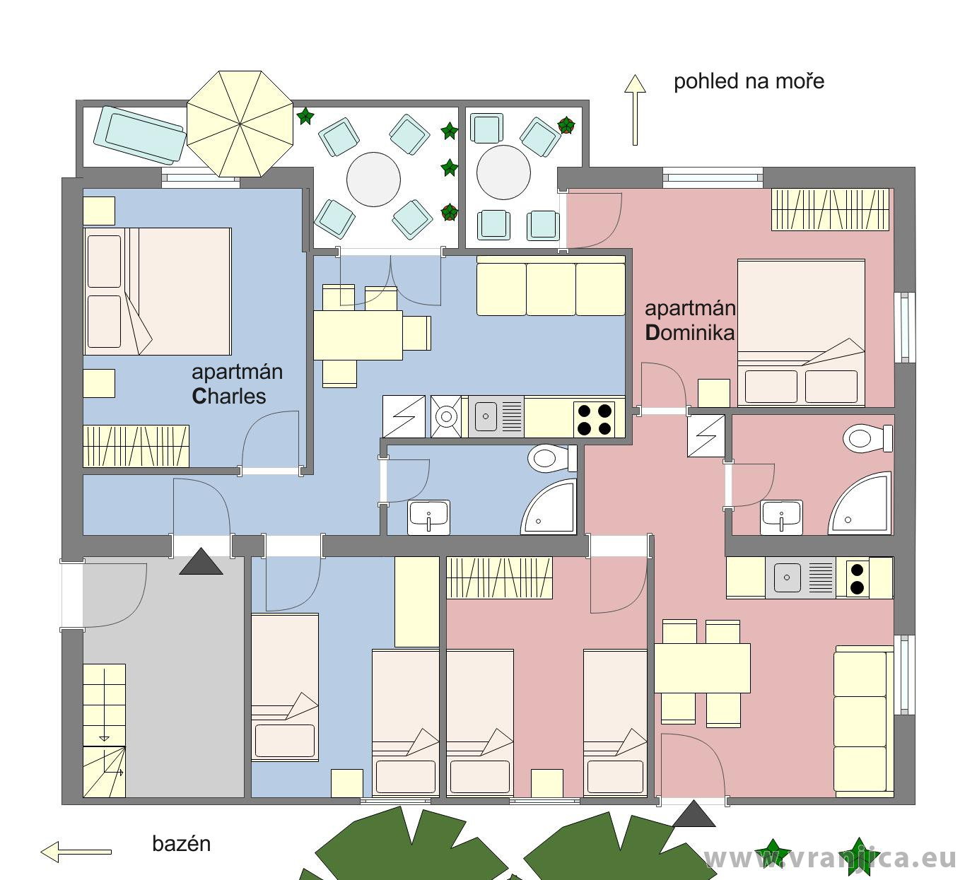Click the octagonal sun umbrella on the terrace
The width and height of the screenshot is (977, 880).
click(240, 124)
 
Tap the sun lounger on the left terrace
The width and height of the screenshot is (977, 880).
click(140, 135)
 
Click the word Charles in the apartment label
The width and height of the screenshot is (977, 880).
click(229, 397)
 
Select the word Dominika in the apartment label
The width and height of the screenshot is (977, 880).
click(690, 333)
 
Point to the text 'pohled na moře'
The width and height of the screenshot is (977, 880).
click(749, 81)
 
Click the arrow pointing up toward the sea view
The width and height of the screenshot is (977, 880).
click(635, 110)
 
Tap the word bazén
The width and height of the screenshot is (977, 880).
click(181, 844)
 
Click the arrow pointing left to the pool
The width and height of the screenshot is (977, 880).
click(76, 852)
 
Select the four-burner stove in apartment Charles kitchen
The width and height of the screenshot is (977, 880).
click(594, 419)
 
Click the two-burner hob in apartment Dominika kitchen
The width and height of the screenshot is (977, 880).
click(858, 578)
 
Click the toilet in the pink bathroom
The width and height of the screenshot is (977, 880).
click(867, 438)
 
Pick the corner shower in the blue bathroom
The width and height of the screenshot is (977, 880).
click(549, 507)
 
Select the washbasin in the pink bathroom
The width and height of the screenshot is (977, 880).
click(782, 517)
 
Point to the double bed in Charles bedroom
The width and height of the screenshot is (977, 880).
click(158, 291)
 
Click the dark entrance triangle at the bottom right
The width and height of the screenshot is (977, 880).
click(694, 815)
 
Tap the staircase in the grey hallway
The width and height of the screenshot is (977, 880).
click(104, 730)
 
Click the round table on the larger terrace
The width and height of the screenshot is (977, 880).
click(373, 180)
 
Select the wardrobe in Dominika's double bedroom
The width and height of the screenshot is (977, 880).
click(830, 209)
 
